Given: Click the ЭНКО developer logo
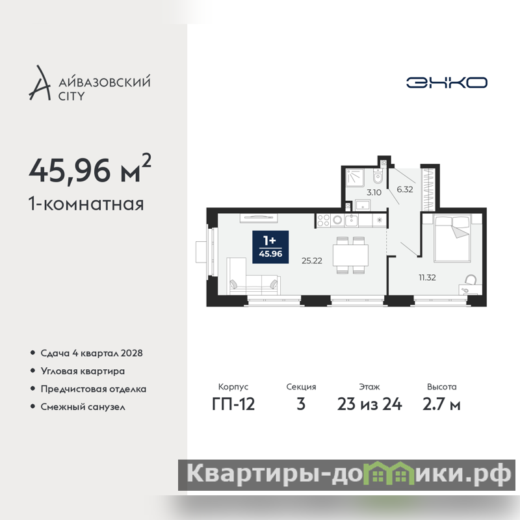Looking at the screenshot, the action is click(x=447, y=83).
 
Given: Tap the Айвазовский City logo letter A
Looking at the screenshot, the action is click(x=40, y=84).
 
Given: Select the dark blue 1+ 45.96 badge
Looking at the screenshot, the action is click(x=270, y=247).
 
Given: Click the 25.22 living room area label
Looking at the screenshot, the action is click(x=312, y=261).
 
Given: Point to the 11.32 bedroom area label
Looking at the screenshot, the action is click(x=427, y=278).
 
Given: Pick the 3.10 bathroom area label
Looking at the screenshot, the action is click(x=374, y=192).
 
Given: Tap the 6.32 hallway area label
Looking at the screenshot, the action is click(x=405, y=189).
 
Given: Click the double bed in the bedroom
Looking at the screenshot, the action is click(x=452, y=238).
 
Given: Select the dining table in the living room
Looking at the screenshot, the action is click(x=350, y=255).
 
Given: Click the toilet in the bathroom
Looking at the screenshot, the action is click(x=378, y=175).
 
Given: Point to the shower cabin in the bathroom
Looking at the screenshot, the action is click(x=355, y=178).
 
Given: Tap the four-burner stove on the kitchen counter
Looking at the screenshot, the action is click(x=323, y=220).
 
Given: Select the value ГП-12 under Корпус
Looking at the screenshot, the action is click(x=233, y=404).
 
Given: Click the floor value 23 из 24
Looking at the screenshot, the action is click(x=369, y=404).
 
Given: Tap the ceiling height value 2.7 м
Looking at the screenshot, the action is click(x=441, y=404).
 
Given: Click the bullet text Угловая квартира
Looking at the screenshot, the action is click(x=83, y=371).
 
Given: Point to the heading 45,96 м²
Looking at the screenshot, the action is click(x=90, y=170).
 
